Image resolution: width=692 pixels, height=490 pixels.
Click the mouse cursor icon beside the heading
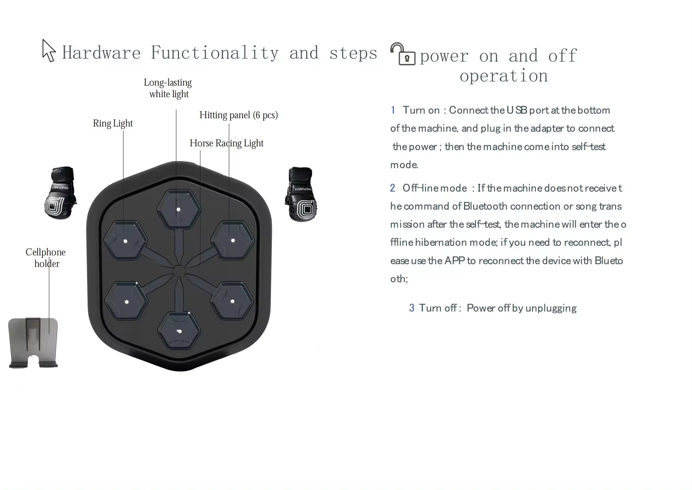click(49, 51)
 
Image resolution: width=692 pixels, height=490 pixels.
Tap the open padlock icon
click(403, 54)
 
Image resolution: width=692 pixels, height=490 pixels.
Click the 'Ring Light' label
click(113, 124)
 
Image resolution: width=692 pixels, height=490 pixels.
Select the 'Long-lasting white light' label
click(168, 88)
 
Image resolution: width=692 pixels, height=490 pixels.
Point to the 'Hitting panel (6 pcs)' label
click(239, 115)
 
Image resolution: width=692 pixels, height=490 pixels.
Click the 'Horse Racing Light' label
click(227, 143)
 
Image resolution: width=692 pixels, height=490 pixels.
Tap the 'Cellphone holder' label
click(46, 258)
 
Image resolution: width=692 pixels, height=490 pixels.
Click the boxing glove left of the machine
click(60, 193)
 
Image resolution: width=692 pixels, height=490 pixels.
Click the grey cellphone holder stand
click(33, 343)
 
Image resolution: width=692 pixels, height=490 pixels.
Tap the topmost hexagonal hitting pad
click(179, 209)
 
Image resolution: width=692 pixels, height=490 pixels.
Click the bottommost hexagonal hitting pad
click(179, 331)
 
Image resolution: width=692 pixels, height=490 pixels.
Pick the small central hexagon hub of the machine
click(179, 271)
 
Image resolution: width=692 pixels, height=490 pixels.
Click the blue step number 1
click(393, 110)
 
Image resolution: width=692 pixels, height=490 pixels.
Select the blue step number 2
click(392, 188)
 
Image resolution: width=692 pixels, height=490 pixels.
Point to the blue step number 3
click(412, 308)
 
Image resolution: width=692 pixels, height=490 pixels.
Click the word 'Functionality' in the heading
click(214, 53)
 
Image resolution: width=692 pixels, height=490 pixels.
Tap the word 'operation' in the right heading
click(504, 76)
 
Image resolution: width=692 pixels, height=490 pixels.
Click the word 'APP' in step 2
click(454, 261)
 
